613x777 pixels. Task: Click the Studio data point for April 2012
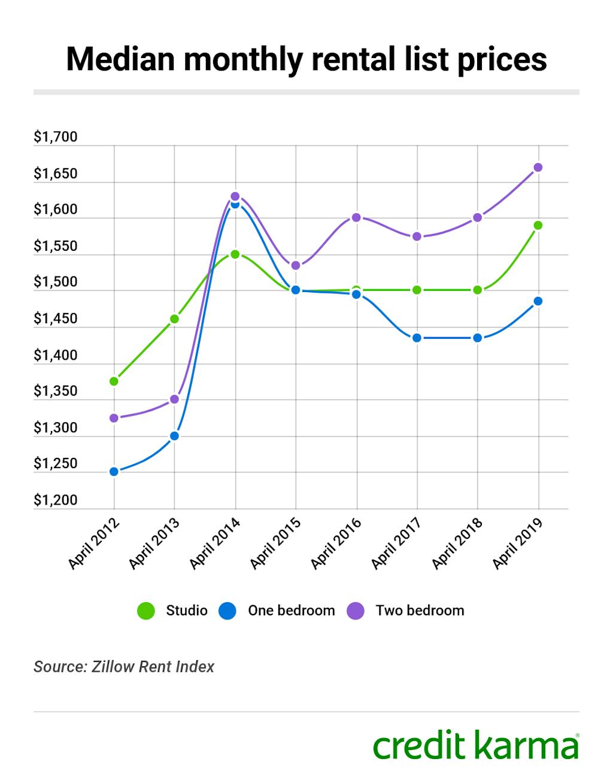[114, 381]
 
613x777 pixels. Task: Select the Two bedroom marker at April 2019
[538, 167]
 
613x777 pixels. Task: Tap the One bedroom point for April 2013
[174, 436]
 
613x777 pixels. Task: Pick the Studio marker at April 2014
[235, 254]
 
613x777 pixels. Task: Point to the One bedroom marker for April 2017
[417, 338]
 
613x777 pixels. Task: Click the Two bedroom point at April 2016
[356, 217]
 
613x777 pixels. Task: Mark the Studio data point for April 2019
[538, 225]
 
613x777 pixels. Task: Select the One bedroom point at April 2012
[114, 472]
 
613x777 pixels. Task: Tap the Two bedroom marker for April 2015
[296, 265]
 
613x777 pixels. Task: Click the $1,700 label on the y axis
[55, 137]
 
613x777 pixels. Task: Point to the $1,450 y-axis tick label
[55, 318]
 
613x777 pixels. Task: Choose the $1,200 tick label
[55, 500]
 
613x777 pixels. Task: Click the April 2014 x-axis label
[215, 543]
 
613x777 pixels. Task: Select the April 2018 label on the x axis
[457, 543]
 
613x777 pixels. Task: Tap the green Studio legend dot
[145, 611]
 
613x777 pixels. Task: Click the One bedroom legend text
[291, 611]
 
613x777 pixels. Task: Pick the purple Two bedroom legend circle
[356, 611]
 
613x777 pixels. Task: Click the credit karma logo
[476, 745]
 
